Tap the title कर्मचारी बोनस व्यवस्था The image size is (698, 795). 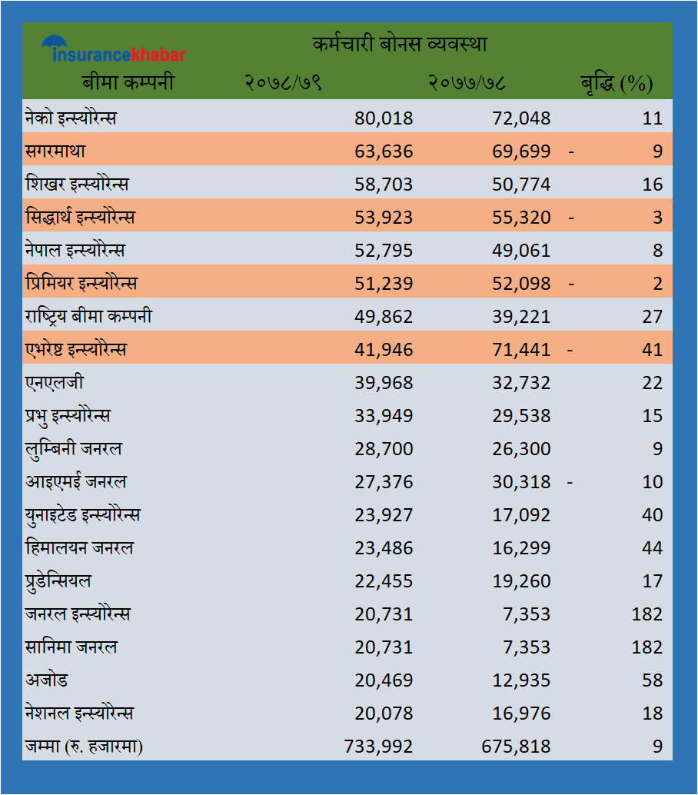(400, 44)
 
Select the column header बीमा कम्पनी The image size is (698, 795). (128, 82)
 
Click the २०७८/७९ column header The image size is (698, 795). (283, 83)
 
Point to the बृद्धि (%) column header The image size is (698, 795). (616, 83)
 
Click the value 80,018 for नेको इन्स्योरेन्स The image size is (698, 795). (384, 118)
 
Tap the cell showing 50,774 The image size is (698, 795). (521, 185)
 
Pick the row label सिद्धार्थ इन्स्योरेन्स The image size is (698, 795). (80, 218)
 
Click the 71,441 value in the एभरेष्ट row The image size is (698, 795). (521, 350)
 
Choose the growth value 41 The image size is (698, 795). (652, 350)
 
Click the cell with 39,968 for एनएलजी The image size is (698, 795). (384, 383)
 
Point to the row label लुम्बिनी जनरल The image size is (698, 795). (73, 449)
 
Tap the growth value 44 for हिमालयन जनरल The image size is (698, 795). (652, 548)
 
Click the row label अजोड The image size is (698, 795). (46, 680)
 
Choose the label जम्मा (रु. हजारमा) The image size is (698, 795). (85, 747)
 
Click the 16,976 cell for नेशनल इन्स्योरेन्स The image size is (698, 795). (521, 714)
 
